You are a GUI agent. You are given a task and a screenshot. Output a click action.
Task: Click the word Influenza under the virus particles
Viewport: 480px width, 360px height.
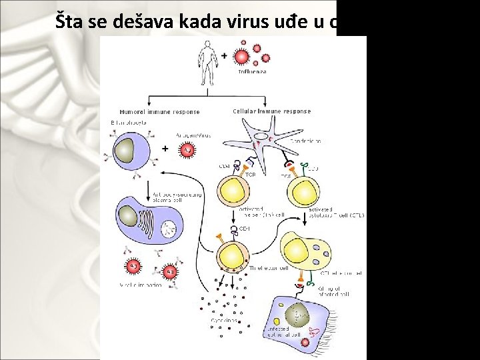(x=252, y=71)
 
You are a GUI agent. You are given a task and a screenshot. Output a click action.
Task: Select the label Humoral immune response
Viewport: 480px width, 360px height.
(x=159, y=112)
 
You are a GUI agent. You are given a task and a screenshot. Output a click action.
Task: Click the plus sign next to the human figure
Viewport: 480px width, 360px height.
(x=224, y=55)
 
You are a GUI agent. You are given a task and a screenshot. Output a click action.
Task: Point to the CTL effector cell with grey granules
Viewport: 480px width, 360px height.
(x=304, y=250)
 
